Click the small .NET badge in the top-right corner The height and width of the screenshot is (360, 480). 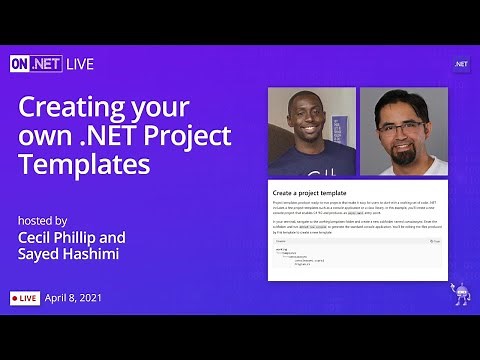point(461,64)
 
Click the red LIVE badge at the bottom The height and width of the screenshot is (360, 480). point(26,298)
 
